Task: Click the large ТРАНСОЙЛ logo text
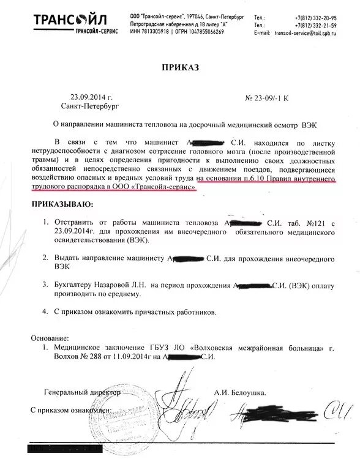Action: [39, 20]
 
